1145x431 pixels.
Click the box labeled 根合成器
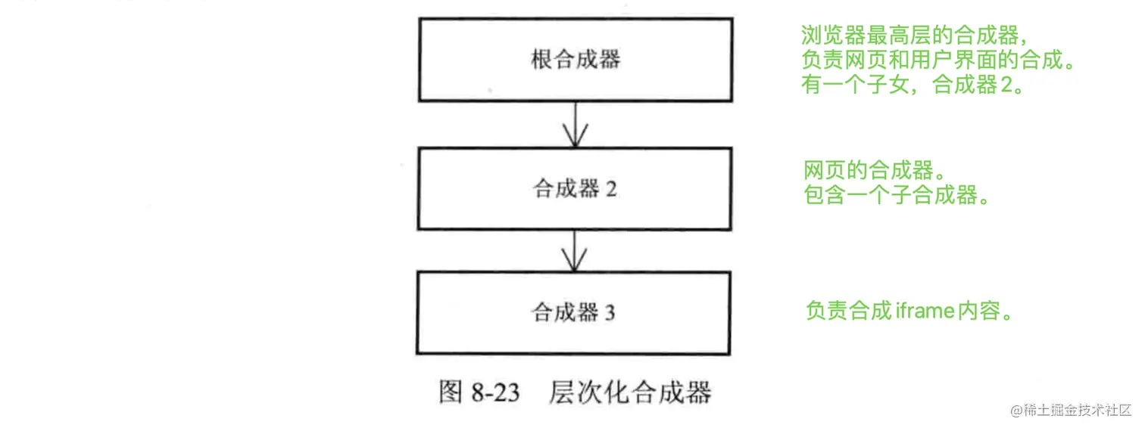click(x=576, y=60)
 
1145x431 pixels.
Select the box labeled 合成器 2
click(x=576, y=189)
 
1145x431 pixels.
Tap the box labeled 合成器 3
click(x=574, y=312)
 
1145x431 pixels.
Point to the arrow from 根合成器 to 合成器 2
click(x=576, y=125)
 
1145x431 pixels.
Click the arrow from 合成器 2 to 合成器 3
click(x=576, y=250)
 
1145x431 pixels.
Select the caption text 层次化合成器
click(x=630, y=392)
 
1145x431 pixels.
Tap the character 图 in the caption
click(x=451, y=392)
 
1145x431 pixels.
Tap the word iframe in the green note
click(x=922, y=312)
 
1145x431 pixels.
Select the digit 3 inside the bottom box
click(x=610, y=313)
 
